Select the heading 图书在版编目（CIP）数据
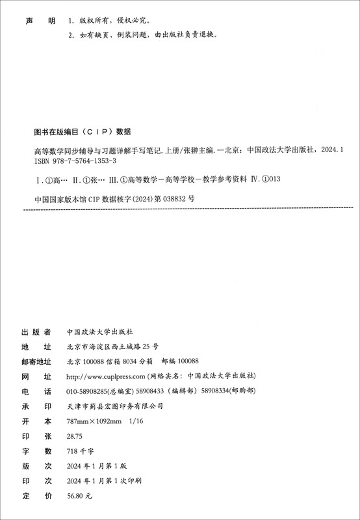[82, 130]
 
